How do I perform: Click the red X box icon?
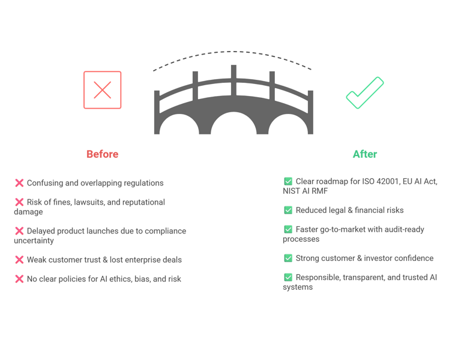coord(103,90)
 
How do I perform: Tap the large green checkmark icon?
coord(365,93)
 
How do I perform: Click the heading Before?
coord(102,154)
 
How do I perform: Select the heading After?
coord(365,154)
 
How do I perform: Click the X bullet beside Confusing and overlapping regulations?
coord(19,183)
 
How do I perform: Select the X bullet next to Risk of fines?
coord(19,203)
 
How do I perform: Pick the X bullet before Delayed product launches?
coord(19,231)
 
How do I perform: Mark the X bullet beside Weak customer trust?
coord(19,260)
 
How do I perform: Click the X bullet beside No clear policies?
coord(19,279)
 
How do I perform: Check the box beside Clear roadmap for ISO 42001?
coord(288,181)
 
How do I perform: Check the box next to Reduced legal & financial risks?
coord(288,210)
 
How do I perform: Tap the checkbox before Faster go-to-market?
coord(288,229)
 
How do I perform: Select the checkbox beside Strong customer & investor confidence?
coord(288,258)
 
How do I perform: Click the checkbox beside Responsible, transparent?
coord(288,277)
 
